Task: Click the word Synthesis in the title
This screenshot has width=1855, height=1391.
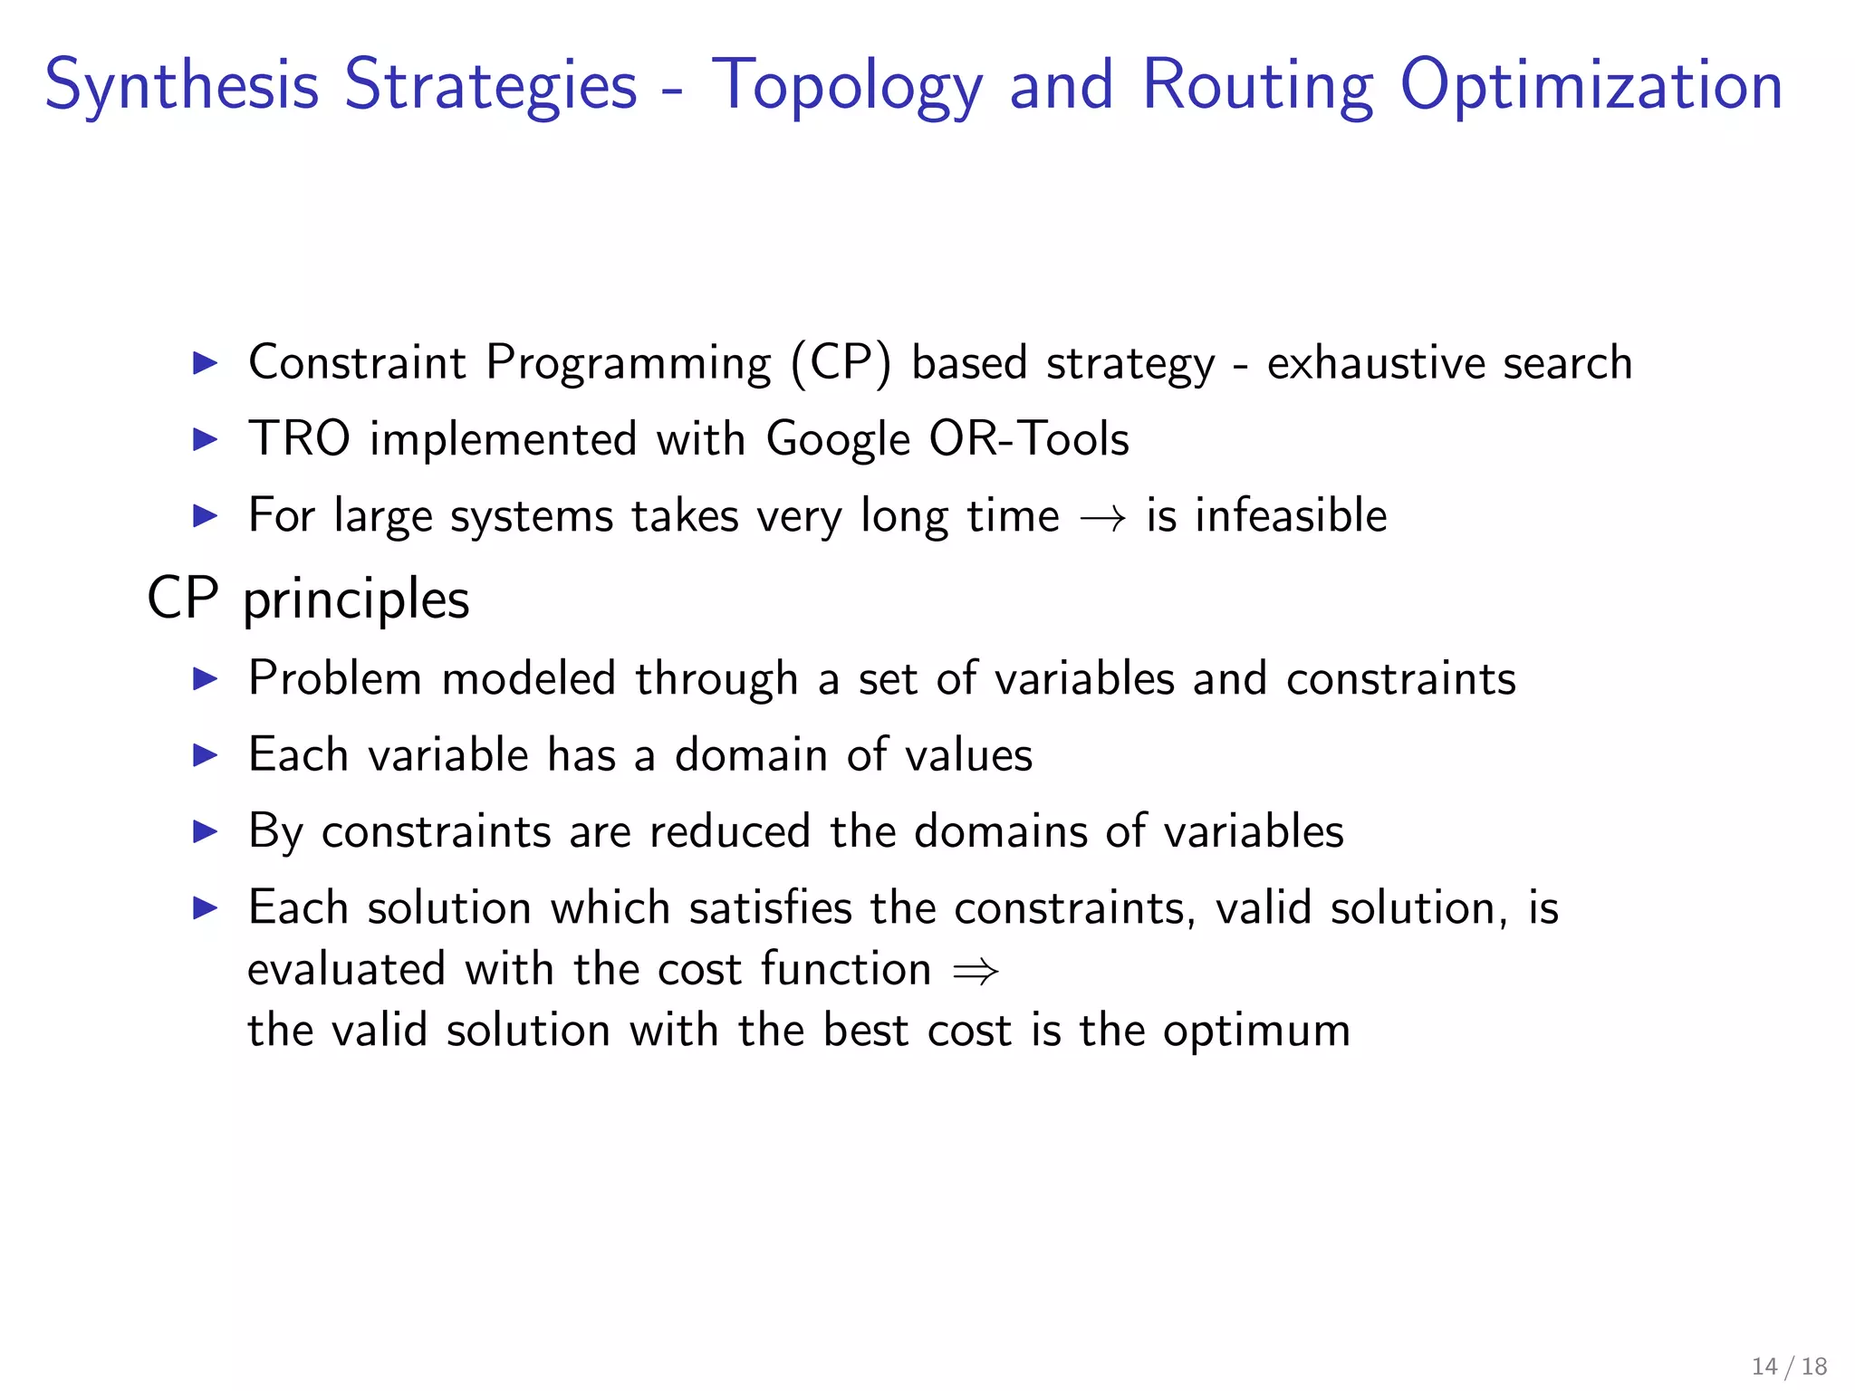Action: coord(181,86)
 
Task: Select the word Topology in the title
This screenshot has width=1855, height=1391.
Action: coord(846,86)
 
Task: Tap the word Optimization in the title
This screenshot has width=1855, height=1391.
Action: coord(1591,86)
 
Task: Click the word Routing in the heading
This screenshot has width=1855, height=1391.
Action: coord(1257,86)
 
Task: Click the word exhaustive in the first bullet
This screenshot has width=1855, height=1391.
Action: coord(1375,364)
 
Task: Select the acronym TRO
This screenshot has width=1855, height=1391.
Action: coord(299,440)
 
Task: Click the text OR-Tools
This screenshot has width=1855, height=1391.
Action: coord(1029,440)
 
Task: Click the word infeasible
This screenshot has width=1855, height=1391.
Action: coord(1290,516)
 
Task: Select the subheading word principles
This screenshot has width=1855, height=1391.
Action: coord(356,600)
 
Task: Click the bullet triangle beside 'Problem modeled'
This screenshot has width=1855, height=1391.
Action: coord(206,679)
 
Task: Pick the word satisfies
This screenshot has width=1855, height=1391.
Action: coord(770,907)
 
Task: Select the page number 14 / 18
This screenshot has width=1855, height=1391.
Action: coord(1789,1367)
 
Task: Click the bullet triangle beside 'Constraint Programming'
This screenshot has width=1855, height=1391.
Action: coord(206,364)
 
